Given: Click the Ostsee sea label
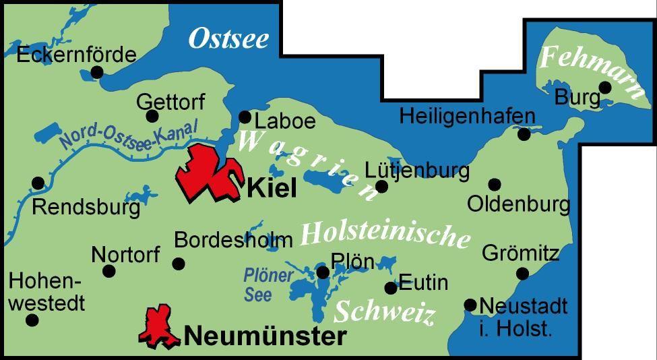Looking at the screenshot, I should (228, 38).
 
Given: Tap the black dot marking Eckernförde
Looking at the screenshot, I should (97, 71).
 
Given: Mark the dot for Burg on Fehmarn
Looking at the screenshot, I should (604, 87).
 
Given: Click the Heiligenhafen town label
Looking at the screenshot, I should (467, 115).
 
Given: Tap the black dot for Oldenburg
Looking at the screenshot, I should (494, 184).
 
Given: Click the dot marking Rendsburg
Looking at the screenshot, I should (38, 183).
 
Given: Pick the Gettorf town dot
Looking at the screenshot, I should (152, 116).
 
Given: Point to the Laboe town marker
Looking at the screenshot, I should (245, 117).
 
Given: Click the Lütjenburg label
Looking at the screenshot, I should (417, 170).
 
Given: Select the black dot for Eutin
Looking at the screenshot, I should (390, 288).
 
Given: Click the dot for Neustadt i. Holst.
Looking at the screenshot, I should (470, 305).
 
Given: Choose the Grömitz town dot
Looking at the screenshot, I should (522, 273).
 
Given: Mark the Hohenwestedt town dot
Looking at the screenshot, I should (32, 320).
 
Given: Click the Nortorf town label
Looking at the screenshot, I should (125, 254).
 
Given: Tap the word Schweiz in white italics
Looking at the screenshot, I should (384, 312).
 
